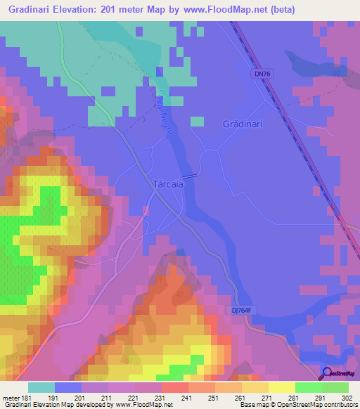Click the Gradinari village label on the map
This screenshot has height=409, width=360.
tap(243, 124)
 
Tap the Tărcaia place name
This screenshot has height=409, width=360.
tap(169, 184)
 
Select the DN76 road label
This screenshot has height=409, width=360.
tap(262, 73)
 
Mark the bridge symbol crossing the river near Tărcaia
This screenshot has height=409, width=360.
tap(190, 176)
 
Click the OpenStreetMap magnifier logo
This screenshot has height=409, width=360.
tap(328, 374)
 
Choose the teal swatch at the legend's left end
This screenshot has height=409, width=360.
tap(41, 387)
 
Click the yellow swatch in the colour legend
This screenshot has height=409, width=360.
tap(281, 387)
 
